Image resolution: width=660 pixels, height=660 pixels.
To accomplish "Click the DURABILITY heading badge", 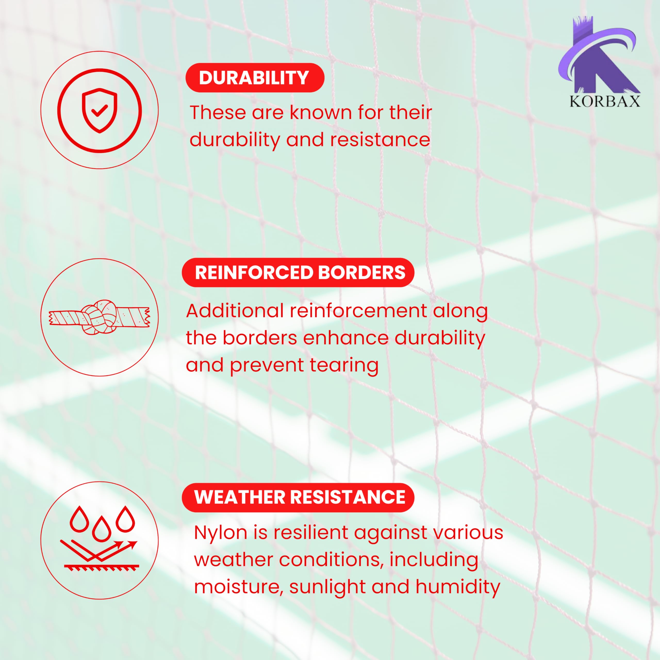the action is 254,78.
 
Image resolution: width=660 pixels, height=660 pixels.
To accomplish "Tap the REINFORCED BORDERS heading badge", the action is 298,272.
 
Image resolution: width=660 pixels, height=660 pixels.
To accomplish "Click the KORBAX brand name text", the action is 605,102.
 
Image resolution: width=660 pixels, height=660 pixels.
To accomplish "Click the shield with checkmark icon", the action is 100,110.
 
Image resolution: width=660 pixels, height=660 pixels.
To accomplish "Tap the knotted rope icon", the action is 100,317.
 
